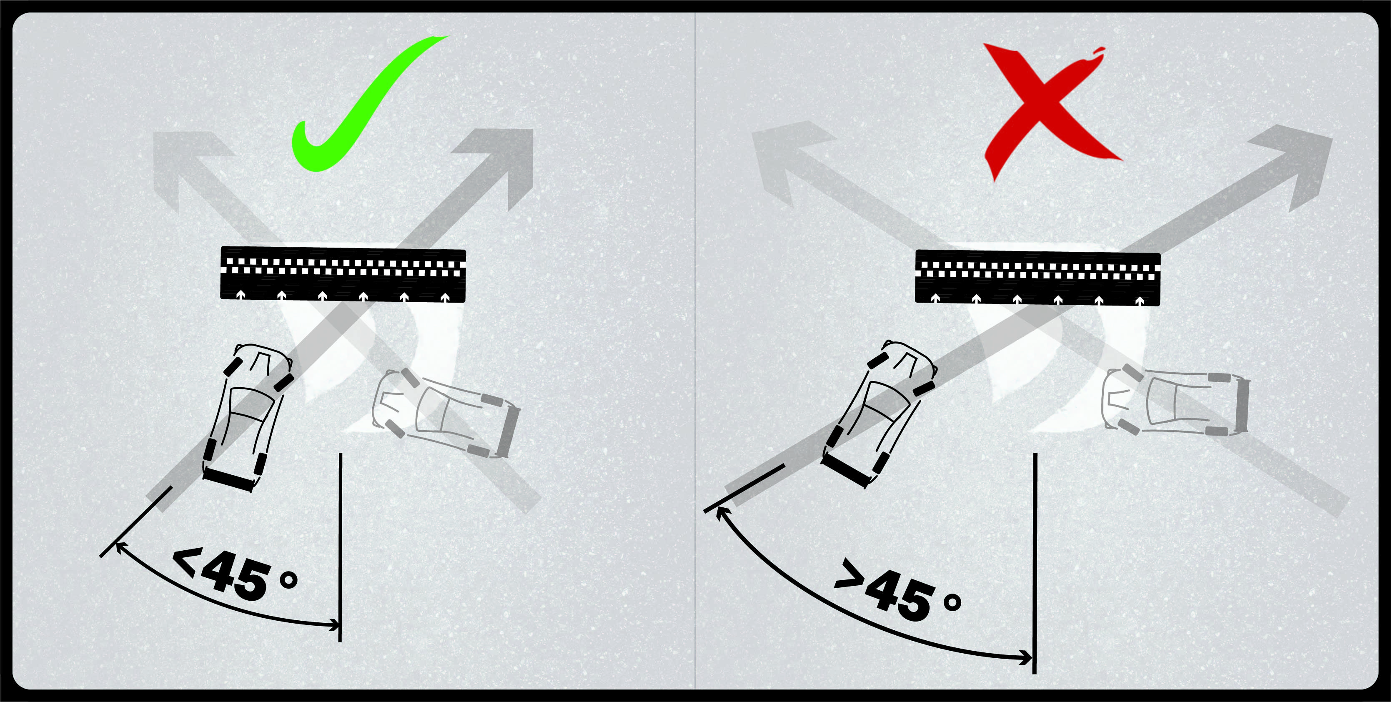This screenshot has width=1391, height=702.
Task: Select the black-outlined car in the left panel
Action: click(x=247, y=417)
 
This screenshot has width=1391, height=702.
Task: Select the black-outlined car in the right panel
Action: click(x=879, y=413)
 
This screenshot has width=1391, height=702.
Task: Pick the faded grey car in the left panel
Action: click(x=446, y=413)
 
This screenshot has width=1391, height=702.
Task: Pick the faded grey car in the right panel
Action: click(x=1175, y=400)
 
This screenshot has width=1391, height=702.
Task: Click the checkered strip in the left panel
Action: click(x=343, y=274)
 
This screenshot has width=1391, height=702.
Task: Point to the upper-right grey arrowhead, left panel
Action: click(x=499, y=162)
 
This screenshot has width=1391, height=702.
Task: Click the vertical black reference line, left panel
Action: click(x=340, y=547)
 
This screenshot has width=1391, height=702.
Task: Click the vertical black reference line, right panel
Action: click(x=1035, y=563)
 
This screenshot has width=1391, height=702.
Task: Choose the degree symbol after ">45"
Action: click(x=952, y=602)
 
